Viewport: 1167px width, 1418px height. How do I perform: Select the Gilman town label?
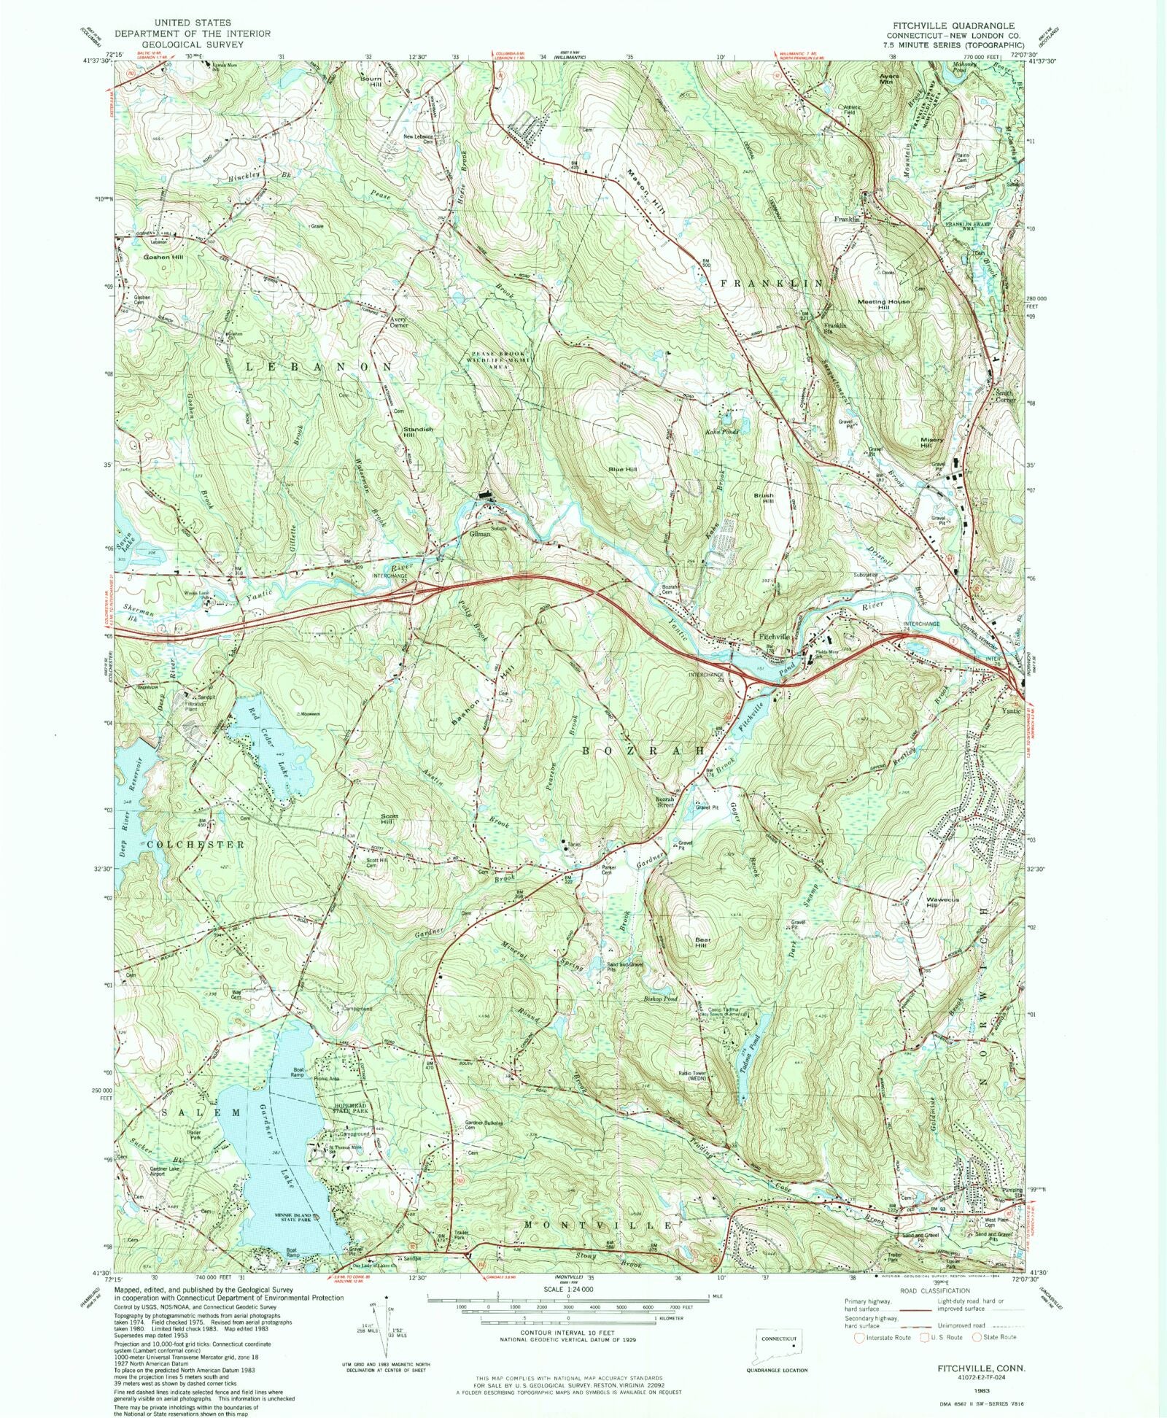480,533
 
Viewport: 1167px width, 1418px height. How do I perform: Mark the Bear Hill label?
701,941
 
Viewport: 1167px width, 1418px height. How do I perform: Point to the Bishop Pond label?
661,999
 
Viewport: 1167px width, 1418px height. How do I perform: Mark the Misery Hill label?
931,443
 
